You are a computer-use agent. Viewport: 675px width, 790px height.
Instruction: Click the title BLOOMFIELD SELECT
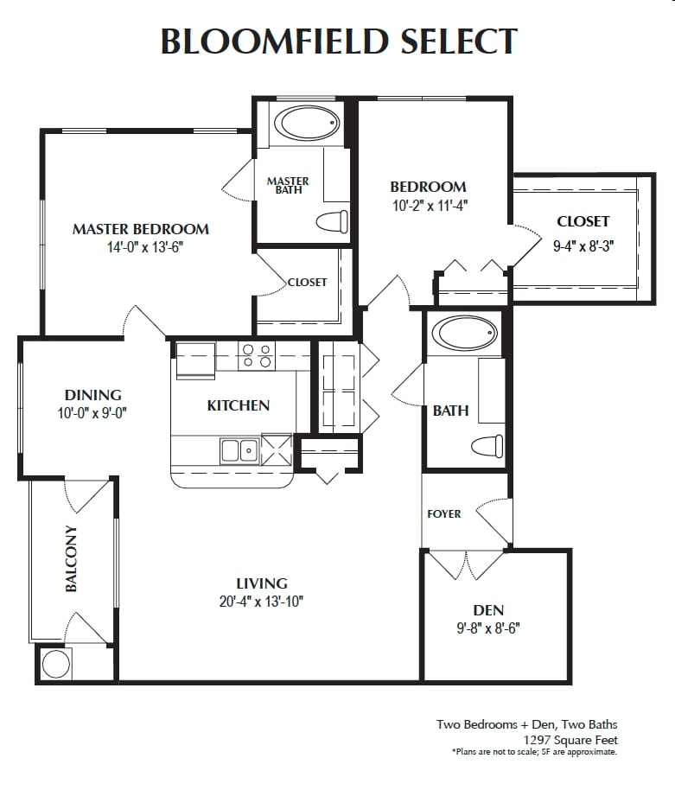click(x=339, y=41)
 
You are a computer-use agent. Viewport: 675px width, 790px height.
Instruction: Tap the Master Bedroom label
click(x=140, y=229)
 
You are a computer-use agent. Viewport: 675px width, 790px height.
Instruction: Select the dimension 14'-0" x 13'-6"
click(x=140, y=246)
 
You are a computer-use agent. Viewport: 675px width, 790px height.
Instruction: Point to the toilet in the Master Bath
click(x=333, y=221)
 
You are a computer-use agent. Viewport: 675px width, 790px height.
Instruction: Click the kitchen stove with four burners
click(x=256, y=355)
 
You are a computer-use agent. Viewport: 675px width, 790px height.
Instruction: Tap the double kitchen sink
click(x=239, y=449)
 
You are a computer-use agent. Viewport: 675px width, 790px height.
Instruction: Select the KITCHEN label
click(x=238, y=405)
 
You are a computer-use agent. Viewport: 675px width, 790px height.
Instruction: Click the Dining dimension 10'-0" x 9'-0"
click(x=92, y=413)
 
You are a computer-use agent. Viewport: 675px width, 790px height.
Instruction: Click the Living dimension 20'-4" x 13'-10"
click(x=261, y=602)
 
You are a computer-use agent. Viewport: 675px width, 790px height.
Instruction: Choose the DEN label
click(x=488, y=611)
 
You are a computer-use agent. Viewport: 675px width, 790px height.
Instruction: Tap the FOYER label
click(x=444, y=514)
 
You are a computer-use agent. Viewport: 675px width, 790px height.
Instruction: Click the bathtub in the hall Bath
click(x=465, y=334)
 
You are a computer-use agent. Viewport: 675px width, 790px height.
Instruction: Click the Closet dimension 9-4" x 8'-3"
click(x=583, y=245)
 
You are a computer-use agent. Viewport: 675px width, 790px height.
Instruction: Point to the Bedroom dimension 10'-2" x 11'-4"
click(x=428, y=205)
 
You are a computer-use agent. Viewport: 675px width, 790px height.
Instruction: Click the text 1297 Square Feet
click(x=570, y=740)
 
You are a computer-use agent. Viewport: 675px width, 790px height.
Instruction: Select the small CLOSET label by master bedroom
click(x=307, y=282)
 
